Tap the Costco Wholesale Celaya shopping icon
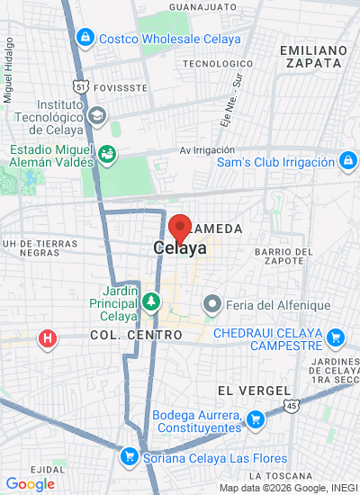tap(85, 38)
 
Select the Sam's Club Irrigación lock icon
tap(346, 162)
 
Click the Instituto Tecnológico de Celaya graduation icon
tap(96, 115)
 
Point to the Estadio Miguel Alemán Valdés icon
tap(107, 154)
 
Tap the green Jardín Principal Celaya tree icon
tap(152, 300)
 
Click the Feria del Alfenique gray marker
tap(212, 304)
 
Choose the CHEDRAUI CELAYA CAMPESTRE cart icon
tap(336, 338)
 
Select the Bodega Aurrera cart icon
tap(255, 419)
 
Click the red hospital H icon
tap(46, 339)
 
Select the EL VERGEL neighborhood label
tap(254, 391)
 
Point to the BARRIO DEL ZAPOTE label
tap(283, 256)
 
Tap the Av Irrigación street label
tap(207, 150)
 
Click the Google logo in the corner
tap(30, 484)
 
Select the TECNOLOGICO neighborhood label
tap(213, 64)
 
